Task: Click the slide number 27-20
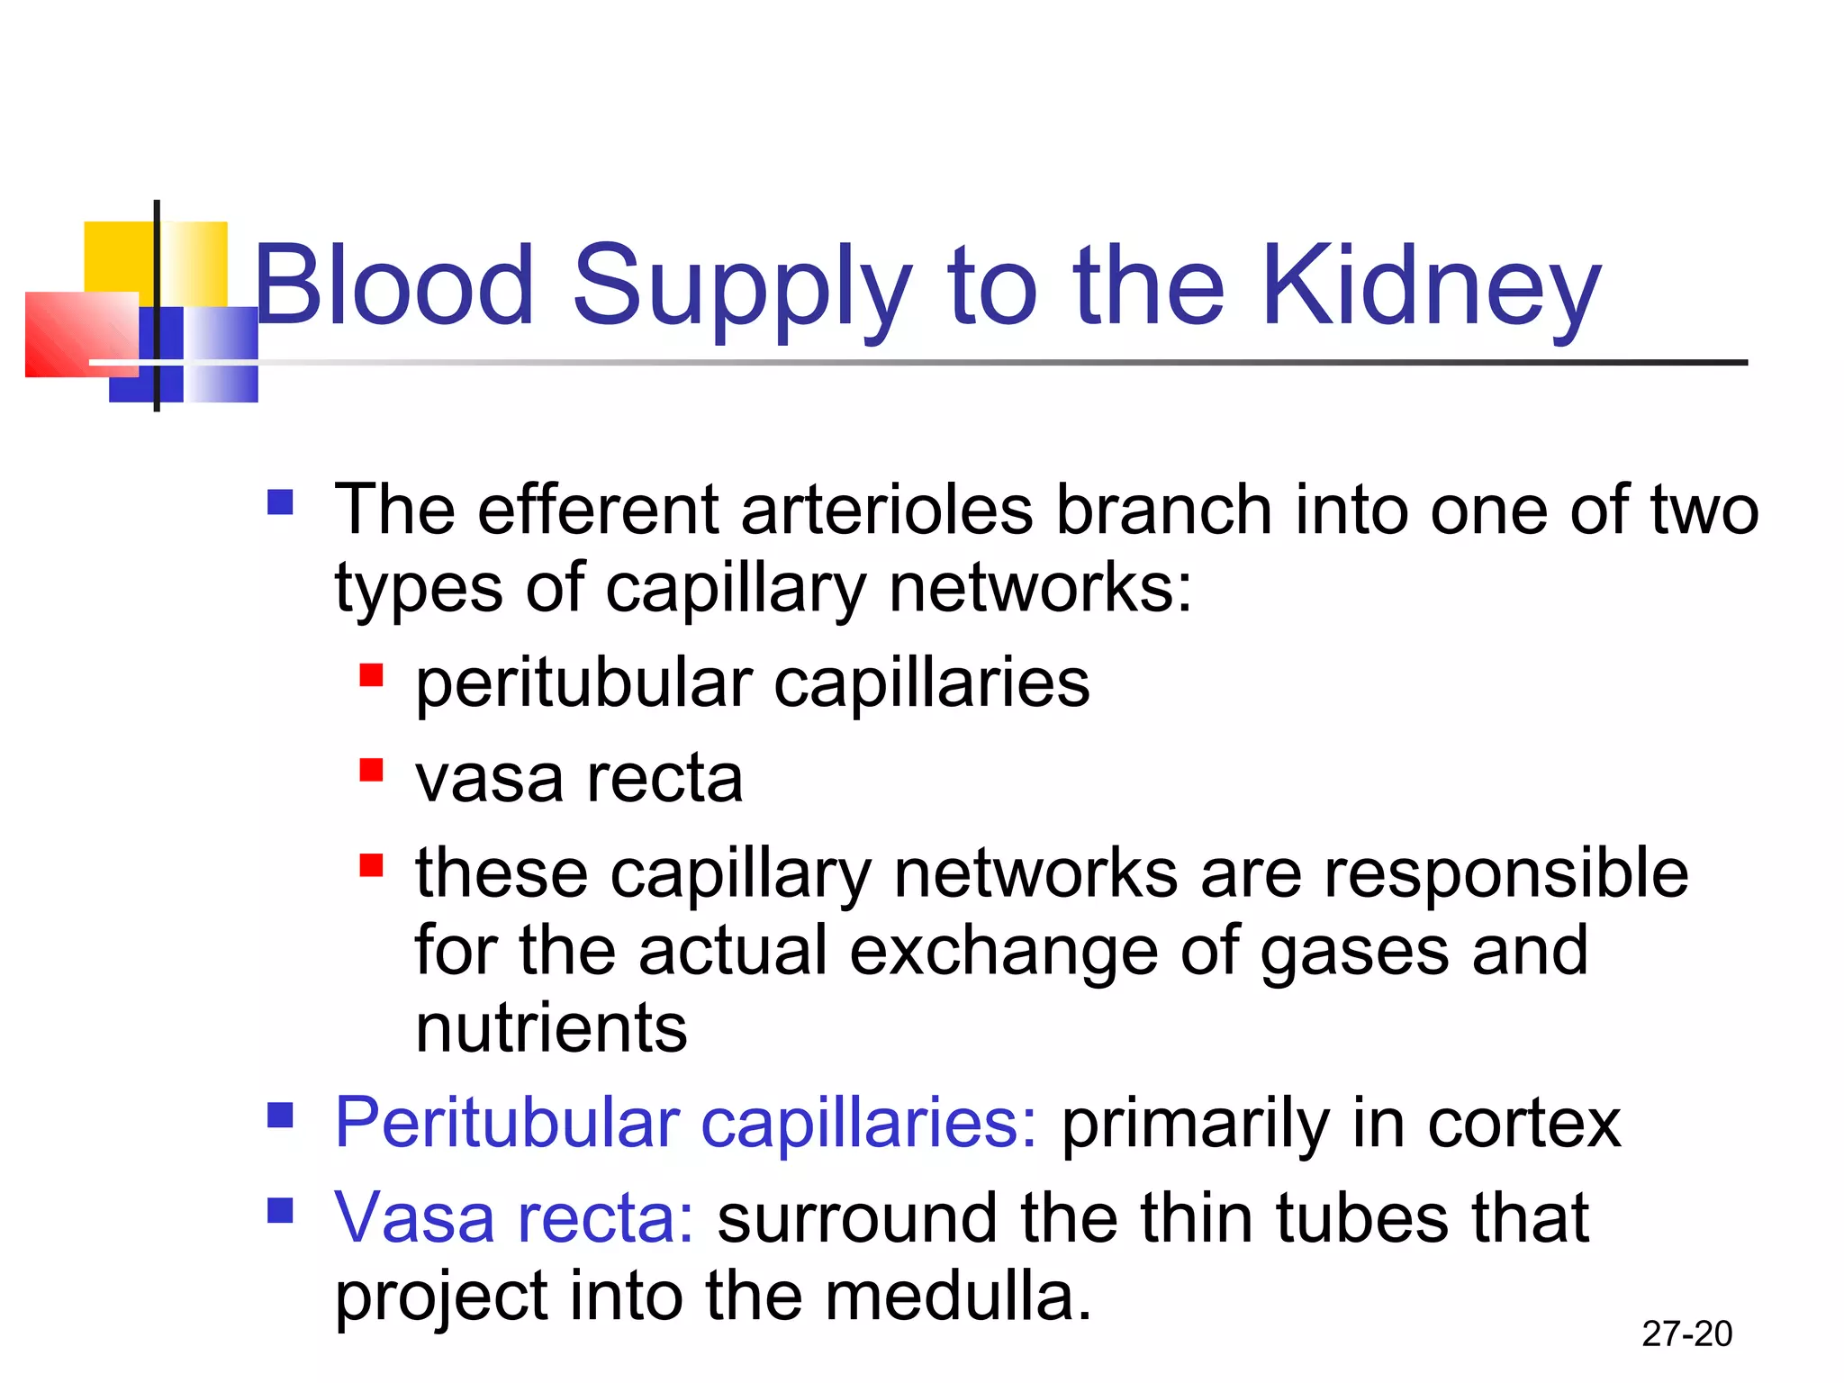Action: point(1686,1333)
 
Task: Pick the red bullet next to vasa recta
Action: point(371,771)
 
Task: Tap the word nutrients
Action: point(551,1028)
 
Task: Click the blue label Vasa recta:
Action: point(513,1218)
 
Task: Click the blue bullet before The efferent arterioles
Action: point(280,502)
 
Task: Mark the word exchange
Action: point(1003,951)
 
